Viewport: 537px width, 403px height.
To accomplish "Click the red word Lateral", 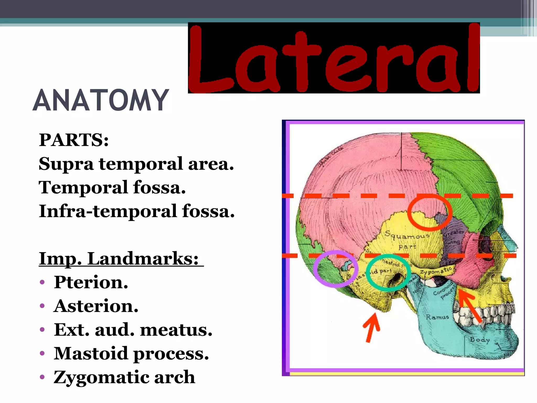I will (334, 58).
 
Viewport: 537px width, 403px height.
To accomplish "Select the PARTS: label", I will (74, 140).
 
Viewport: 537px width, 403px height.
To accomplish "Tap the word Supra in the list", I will (66, 164).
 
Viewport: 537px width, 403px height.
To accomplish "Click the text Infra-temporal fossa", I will (136, 211).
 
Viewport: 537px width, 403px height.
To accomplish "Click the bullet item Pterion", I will (91, 282).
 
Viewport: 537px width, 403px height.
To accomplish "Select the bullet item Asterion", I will (96, 306).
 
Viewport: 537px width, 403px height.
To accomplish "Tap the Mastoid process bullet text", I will (131, 353).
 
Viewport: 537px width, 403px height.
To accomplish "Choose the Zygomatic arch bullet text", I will (124, 377).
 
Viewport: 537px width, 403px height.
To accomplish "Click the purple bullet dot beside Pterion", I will (42, 283).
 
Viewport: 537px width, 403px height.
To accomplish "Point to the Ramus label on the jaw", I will (437, 317).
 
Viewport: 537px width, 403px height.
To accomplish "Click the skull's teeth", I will (485, 315).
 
